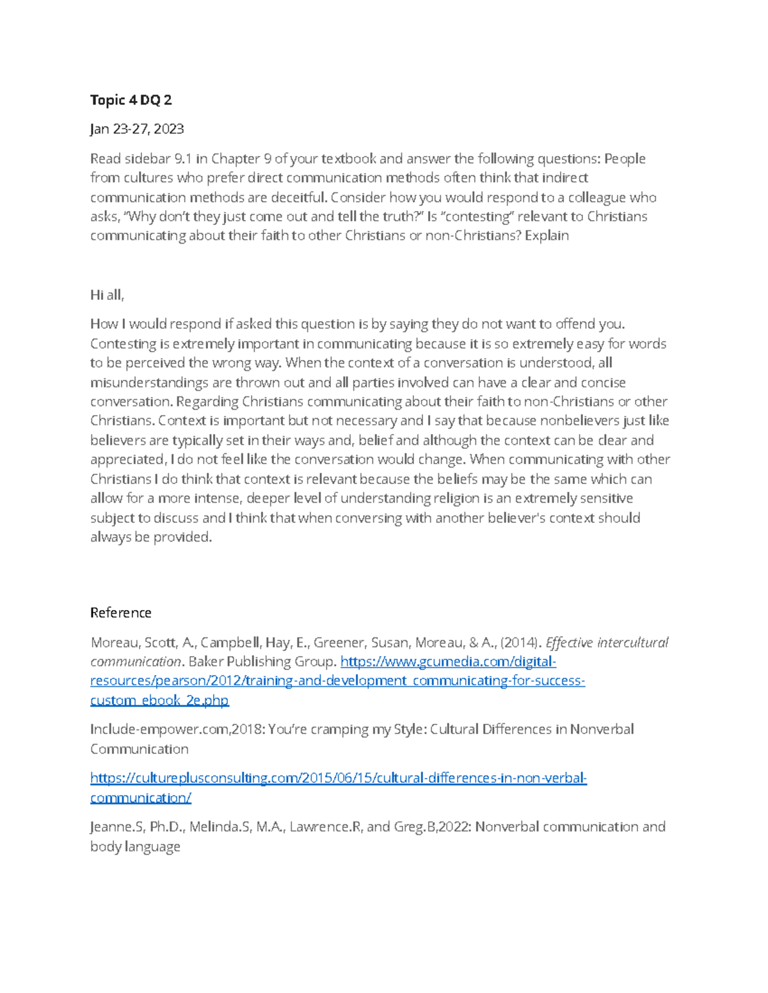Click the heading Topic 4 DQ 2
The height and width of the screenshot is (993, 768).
(x=131, y=100)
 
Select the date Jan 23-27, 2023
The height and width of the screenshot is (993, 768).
(x=137, y=129)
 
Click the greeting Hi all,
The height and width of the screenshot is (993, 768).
(x=107, y=295)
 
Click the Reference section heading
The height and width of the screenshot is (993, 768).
(x=121, y=613)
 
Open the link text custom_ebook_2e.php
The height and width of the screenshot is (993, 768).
(x=159, y=700)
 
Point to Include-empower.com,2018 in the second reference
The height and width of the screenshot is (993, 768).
(x=177, y=730)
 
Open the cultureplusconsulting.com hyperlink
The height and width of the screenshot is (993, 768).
(x=338, y=778)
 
